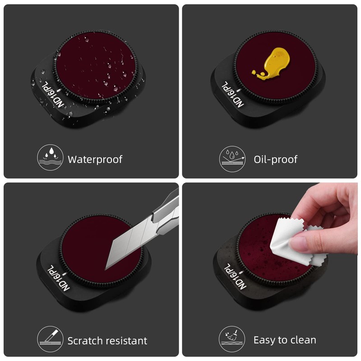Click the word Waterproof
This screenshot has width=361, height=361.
[x=95, y=160]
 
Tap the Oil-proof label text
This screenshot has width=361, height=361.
[x=275, y=160]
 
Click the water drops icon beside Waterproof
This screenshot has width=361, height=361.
[x=50, y=157]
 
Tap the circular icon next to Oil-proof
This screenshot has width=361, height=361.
[x=232, y=159]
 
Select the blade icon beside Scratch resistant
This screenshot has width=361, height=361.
[x=50, y=339]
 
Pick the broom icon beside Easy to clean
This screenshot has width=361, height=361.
[x=232, y=339]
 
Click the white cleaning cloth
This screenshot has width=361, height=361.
[x=297, y=242]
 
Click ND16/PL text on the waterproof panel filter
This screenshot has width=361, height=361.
[x=53, y=94]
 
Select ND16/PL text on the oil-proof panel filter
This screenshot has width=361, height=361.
[x=232, y=94]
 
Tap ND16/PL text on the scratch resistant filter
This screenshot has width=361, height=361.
[x=59, y=278]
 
